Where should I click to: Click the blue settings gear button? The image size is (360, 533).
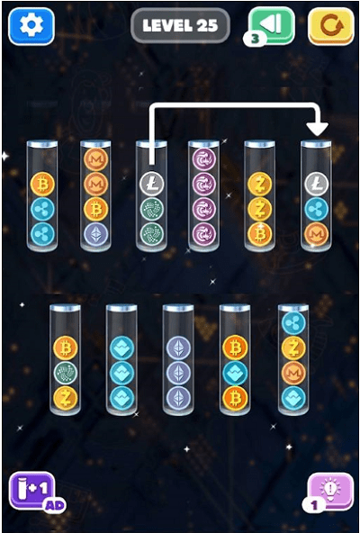click(31, 26)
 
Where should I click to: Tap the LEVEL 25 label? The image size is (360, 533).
click(180, 25)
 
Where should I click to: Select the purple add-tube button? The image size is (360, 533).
click(31, 490)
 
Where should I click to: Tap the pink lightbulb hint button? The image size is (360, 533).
click(330, 491)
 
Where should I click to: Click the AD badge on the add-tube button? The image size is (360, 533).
click(54, 505)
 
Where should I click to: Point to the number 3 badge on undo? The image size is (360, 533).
click(255, 39)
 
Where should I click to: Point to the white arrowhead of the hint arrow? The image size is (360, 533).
click(317, 130)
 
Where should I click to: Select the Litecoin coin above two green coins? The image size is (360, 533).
click(151, 184)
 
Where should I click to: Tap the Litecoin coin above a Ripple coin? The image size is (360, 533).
click(316, 184)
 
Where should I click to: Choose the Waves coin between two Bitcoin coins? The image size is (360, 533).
click(235, 373)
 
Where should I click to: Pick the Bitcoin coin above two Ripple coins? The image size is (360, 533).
click(42, 185)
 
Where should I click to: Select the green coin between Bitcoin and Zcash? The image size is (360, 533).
click(66, 373)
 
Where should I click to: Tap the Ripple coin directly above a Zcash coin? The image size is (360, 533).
click(293, 323)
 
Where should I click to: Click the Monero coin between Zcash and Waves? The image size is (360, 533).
click(293, 373)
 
